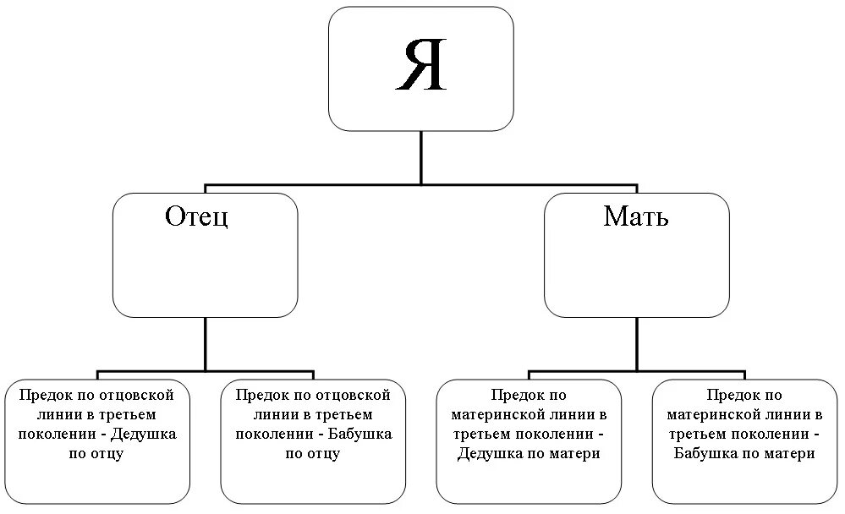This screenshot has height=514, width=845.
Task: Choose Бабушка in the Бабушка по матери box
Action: (707, 453)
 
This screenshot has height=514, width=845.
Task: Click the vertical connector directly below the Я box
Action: (420, 156)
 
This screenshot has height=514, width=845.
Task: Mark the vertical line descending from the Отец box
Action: (206, 342)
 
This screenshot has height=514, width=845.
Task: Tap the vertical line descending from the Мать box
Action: (636, 342)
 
